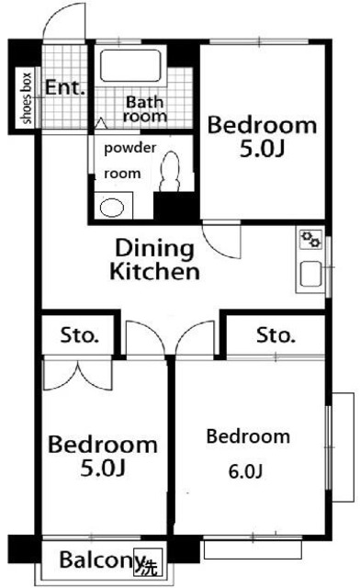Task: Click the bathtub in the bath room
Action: point(130,65)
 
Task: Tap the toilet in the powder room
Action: point(171,172)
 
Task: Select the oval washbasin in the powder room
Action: point(112,208)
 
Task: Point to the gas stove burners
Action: point(311,239)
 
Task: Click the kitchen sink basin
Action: point(310,274)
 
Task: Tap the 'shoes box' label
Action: point(26,98)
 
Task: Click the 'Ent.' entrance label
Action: point(64,88)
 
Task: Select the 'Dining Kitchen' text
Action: point(154,259)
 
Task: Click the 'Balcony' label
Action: point(102,560)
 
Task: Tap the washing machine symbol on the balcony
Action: point(149,561)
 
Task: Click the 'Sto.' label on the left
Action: point(80,335)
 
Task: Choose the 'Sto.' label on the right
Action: point(276,335)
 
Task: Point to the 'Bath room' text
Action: point(145,108)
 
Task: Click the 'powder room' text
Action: point(129,161)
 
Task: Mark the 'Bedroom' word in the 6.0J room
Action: point(248,436)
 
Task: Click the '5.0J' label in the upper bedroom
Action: point(262,149)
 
